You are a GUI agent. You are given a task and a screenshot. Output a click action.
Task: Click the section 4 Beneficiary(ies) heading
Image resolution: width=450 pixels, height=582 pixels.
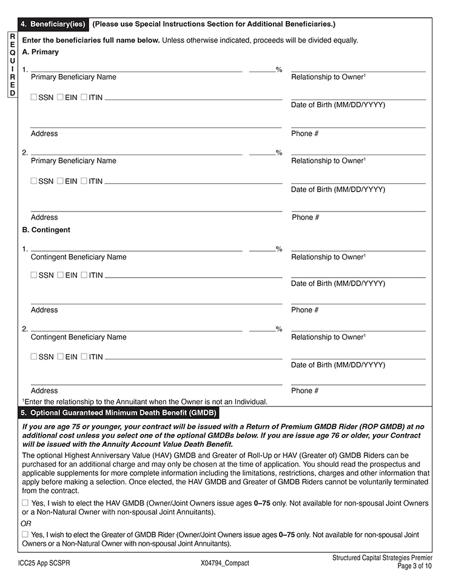54,24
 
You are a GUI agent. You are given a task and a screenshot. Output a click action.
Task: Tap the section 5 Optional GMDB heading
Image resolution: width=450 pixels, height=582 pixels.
118,413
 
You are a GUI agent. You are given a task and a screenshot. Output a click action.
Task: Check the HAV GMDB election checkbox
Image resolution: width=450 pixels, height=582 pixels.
25,503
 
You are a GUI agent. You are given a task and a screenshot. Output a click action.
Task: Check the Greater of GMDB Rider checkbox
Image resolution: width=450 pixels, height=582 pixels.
25,534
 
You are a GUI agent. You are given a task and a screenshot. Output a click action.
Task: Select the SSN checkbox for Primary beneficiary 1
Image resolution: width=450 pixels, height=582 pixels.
34,97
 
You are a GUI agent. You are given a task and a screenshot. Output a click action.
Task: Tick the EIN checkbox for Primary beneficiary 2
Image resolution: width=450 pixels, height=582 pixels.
61,181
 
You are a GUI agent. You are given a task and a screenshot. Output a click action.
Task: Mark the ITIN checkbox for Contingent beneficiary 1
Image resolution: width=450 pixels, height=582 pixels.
84,275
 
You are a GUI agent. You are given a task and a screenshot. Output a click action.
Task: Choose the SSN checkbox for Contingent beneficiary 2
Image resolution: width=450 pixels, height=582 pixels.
34,356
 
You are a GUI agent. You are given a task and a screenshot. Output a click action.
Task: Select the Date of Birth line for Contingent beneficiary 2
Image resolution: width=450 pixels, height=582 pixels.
358,358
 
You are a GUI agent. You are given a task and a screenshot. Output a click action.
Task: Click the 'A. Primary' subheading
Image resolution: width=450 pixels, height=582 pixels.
40,52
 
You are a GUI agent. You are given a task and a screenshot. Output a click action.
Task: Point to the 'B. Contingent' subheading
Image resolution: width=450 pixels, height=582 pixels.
46,230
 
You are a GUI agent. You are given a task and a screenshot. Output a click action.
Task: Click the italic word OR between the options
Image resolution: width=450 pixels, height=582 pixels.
26,523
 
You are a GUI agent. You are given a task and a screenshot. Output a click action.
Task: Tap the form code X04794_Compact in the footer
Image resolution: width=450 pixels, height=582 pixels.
224,563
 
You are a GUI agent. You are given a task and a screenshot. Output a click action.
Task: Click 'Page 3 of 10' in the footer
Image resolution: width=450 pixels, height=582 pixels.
415,566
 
